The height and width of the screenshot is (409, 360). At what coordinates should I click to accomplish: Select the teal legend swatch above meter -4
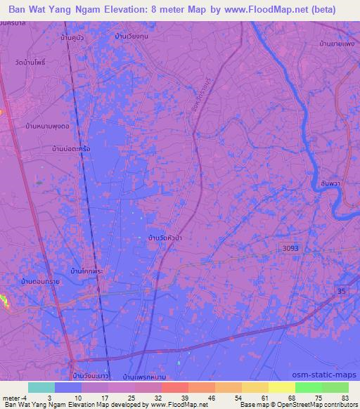(41, 387)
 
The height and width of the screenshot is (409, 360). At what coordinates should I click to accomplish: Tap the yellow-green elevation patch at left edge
(4, 302)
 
